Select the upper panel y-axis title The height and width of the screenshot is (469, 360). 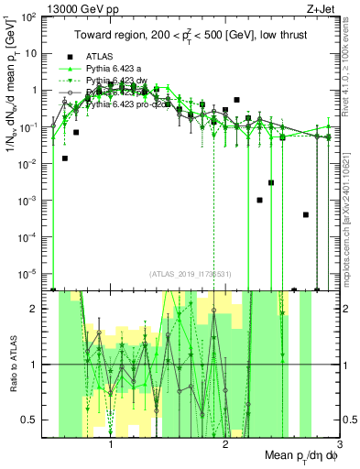[12, 87]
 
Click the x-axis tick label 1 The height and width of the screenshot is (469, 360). [111, 446]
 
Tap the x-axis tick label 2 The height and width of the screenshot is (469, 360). [225, 446]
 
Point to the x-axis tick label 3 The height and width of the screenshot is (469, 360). [339, 446]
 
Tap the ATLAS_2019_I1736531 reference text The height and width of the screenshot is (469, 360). [191, 275]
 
